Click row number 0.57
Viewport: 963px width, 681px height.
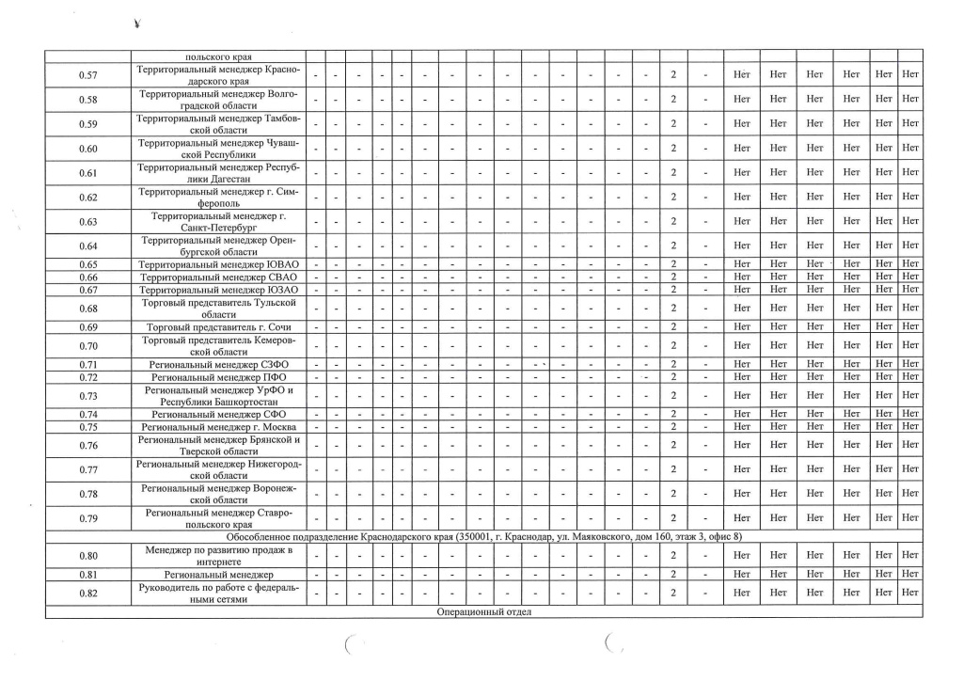pyautogui.click(x=88, y=74)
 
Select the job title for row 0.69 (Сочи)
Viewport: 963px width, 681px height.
pyautogui.click(x=218, y=326)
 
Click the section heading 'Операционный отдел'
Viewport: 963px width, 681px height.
pyautogui.click(x=483, y=612)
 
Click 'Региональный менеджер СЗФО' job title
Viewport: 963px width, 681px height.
pyautogui.click(x=218, y=364)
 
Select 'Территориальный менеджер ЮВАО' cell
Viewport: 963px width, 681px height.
pyautogui.click(x=218, y=264)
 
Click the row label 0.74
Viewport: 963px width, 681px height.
pyautogui.click(x=88, y=414)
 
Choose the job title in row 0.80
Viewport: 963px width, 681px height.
pyautogui.click(x=218, y=556)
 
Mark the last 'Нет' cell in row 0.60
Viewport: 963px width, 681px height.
pyautogui.click(x=909, y=148)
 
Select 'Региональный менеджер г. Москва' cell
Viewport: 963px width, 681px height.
pyautogui.click(x=218, y=426)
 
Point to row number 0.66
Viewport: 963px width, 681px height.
pyautogui.click(x=88, y=277)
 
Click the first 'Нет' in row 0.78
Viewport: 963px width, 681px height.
pyautogui.click(x=741, y=494)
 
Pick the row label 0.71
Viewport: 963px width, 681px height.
pyautogui.click(x=88, y=364)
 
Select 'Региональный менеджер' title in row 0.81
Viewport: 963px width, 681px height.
pyautogui.click(x=218, y=574)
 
